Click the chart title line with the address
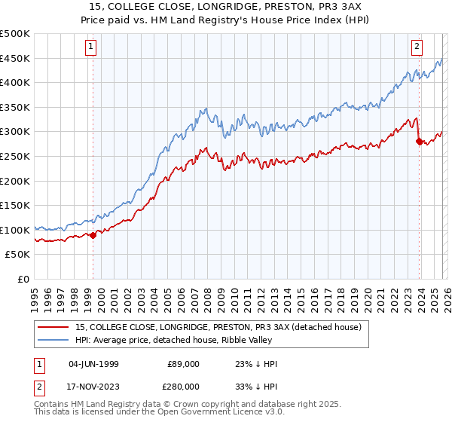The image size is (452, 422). [226, 6]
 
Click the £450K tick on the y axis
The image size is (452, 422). [15, 58]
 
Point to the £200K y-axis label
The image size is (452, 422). [15, 181]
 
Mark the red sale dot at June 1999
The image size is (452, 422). [93, 235]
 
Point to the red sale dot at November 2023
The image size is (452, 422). [418, 141]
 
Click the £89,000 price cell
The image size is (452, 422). [183, 363]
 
